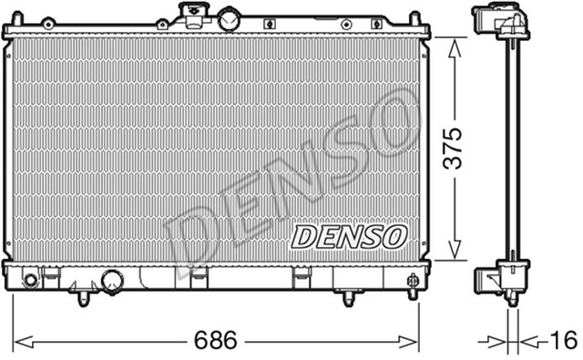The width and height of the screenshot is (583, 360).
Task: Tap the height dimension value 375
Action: pyautogui.click(x=453, y=147)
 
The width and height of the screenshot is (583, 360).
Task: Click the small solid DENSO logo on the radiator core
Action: pyautogui.click(x=348, y=238)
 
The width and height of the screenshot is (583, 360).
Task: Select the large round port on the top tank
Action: pyautogui.click(x=228, y=18)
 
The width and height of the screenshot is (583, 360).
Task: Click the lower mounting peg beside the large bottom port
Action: pyautogui.click(x=86, y=296)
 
